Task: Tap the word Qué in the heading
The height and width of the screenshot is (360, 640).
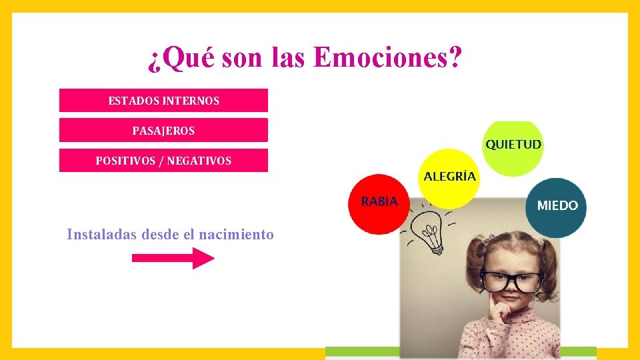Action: coord(181,59)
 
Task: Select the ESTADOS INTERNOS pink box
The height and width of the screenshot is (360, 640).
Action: coord(163,101)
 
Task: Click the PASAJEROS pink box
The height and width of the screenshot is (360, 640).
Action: coord(163,131)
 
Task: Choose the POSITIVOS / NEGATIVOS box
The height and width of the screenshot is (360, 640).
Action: coord(163,161)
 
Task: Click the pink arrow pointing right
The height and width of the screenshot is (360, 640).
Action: coord(173,258)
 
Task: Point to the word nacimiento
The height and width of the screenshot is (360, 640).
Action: coord(236,235)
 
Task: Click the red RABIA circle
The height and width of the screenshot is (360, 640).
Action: coord(379,203)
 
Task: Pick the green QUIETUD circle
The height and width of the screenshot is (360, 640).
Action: coord(513,147)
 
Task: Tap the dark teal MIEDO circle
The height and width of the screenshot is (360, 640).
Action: coord(557,206)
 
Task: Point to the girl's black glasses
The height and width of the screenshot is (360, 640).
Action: coord(511,281)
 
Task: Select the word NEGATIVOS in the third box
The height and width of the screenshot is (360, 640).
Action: coord(199,161)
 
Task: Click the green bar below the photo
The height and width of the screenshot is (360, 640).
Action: coord(460,352)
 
